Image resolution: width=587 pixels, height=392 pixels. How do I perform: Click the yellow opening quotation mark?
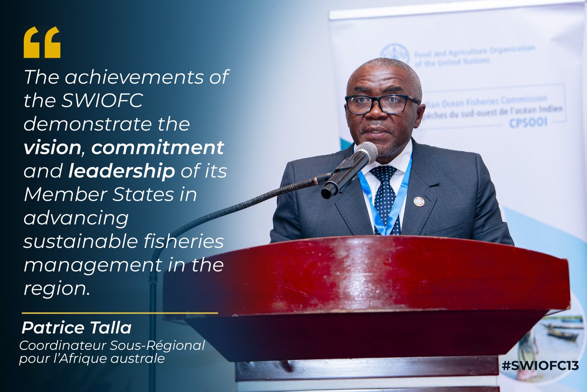click(x=42, y=42)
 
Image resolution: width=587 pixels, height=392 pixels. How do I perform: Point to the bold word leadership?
click(x=122, y=171)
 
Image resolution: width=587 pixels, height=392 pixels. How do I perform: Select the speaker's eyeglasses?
click(x=382, y=103)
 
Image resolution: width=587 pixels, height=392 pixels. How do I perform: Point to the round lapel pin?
click(x=419, y=201)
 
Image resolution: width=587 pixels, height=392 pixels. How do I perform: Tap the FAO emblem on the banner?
click(x=395, y=53)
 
